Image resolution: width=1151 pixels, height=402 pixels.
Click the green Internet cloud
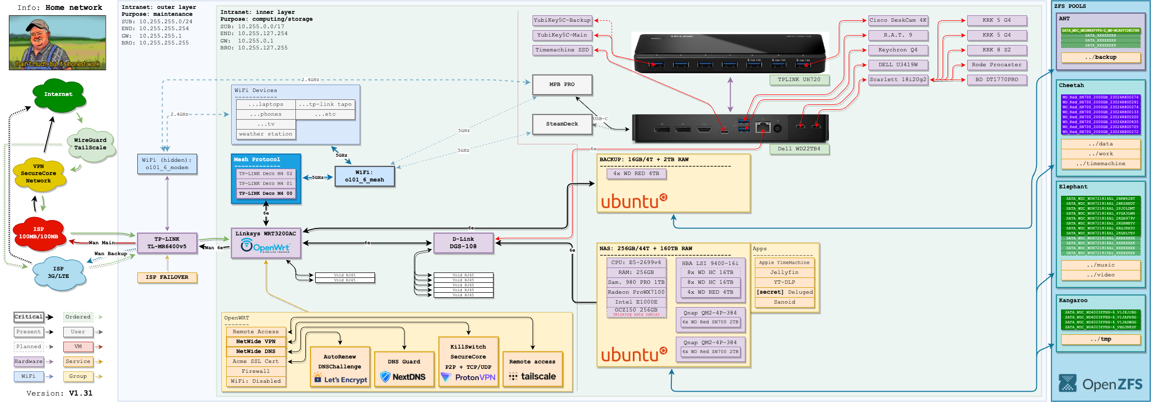(58, 94)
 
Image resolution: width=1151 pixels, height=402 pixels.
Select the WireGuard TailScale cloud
(90, 144)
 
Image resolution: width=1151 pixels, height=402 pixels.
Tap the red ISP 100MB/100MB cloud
(39, 233)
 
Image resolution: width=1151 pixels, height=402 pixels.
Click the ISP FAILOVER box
(167, 277)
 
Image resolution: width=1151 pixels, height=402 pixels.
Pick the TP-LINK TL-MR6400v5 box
(167, 243)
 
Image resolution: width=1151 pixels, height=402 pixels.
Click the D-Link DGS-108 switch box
(463, 243)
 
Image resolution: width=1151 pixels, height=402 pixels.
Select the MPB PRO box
(562, 85)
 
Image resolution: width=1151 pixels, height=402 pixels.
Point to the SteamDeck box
(562, 124)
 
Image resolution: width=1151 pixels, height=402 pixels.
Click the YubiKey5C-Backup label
(562, 20)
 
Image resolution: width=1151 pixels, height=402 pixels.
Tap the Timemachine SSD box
(562, 50)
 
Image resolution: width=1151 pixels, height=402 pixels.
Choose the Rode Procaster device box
(996, 65)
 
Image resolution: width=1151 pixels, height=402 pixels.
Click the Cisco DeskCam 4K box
(898, 20)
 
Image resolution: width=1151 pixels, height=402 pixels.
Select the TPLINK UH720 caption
(799, 80)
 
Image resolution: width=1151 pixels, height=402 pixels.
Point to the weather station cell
(266, 134)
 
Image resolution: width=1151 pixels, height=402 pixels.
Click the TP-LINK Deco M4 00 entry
(266, 193)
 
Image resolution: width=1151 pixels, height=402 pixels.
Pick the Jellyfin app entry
(784, 272)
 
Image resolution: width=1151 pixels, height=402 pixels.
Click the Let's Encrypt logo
(341, 380)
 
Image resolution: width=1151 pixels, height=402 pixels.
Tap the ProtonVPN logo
(468, 377)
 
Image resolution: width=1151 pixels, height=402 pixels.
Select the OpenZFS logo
(1101, 384)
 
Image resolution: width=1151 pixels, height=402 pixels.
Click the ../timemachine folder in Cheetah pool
(1101, 164)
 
